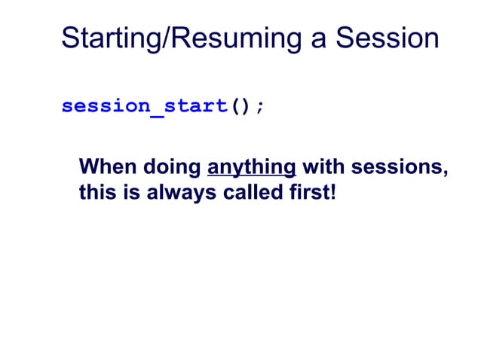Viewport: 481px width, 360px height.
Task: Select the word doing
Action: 168,167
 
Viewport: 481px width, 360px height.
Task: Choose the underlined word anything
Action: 250,167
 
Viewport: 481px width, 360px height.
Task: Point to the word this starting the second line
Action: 94,193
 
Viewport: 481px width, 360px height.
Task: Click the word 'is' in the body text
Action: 124,193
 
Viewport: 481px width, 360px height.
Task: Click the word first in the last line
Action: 305,193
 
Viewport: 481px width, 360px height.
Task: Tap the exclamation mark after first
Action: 329,193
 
